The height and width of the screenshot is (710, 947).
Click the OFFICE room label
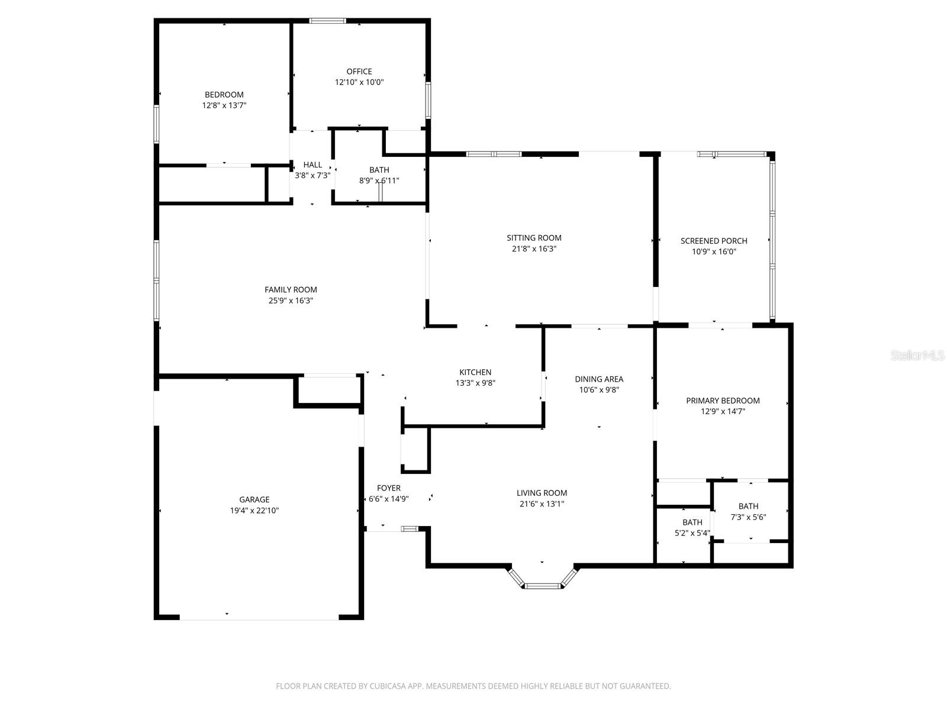click(359, 72)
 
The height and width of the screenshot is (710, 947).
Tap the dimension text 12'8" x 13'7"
click(224, 105)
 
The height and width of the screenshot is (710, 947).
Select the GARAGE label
click(255, 499)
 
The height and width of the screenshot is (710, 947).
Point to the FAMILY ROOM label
click(291, 289)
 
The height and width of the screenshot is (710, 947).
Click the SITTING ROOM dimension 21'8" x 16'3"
click(534, 249)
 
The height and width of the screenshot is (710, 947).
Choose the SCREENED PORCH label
click(714, 241)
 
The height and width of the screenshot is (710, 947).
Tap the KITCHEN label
click(475, 372)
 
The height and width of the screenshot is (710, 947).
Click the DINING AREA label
click(599, 379)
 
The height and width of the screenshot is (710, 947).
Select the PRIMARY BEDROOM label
click(723, 401)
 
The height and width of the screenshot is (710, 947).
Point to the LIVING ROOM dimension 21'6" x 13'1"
click(542, 504)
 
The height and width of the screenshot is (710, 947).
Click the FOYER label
click(389, 488)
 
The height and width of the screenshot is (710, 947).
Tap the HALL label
click(313, 165)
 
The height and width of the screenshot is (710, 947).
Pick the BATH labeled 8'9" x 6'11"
click(379, 170)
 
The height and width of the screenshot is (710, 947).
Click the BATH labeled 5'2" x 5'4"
click(692, 522)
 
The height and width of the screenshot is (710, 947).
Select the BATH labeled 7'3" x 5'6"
click(748, 506)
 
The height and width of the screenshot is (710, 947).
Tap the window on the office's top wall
click(327, 21)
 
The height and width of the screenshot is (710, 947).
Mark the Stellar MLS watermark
click(917, 356)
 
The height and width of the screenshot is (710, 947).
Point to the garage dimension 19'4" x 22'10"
click(255, 511)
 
